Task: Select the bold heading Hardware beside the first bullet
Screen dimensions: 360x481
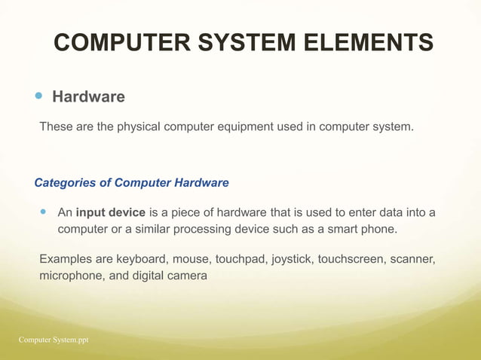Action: [88, 97]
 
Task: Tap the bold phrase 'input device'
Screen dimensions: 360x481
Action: [111, 212]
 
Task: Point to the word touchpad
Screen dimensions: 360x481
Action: [241, 260]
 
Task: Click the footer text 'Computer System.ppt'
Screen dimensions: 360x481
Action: [54, 340]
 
